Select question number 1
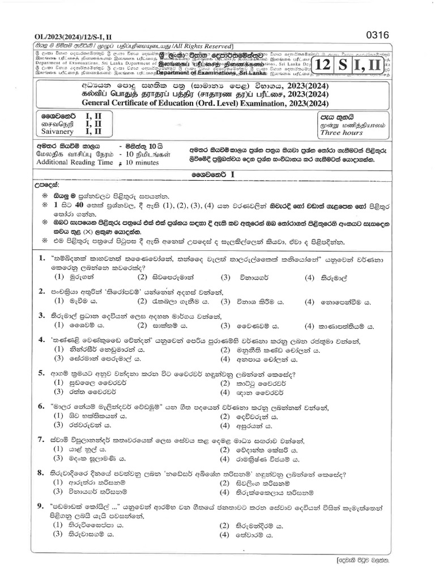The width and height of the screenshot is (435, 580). tap(41, 258)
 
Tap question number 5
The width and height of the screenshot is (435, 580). tap(41, 374)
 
